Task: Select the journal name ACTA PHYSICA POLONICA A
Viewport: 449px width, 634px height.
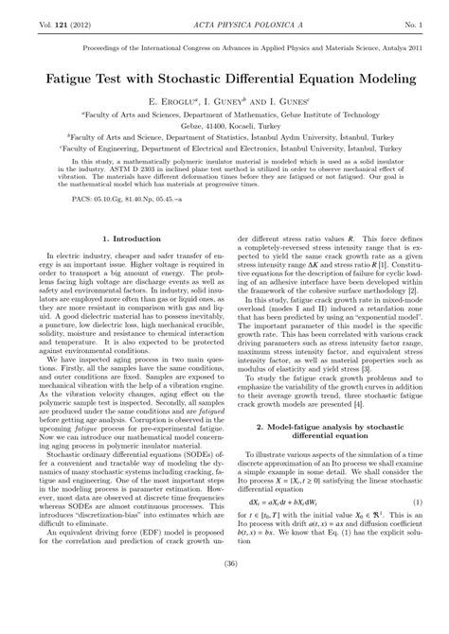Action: click(x=224, y=9)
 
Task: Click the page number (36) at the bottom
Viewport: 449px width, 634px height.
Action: click(x=224, y=618)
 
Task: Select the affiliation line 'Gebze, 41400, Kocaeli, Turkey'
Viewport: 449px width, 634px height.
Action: click(x=224, y=124)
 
